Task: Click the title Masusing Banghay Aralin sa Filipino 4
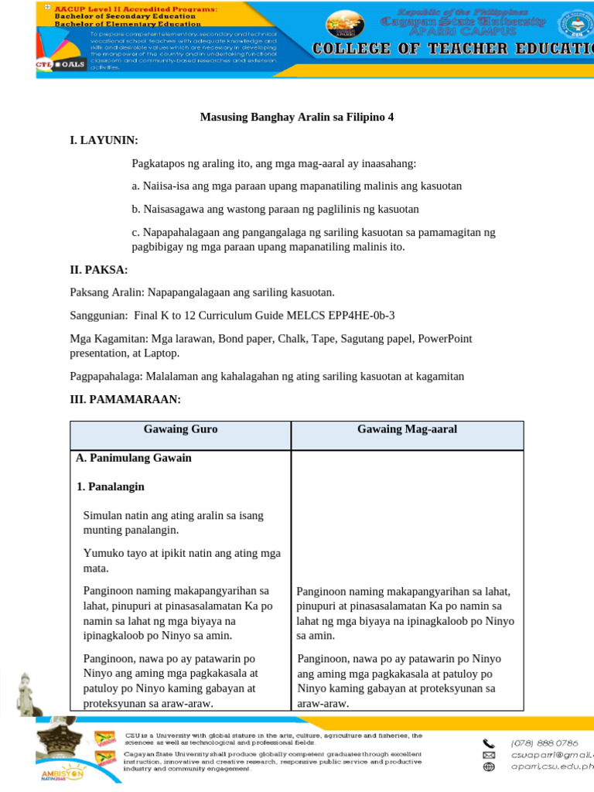pyautogui.click(x=297, y=118)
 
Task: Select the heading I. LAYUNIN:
pyautogui.click(x=104, y=140)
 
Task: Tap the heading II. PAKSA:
pyautogui.click(x=99, y=270)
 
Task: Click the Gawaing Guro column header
pyautogui.click(x=180, y=429)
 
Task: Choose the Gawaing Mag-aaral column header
pyautogui.click(x=407, y=429)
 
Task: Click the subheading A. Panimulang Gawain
pyautogui.click(x=134, y=458)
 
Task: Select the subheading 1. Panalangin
pyautogui.click(x=111, y=487)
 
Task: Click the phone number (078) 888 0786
pyautogui.click(x=544, y=743)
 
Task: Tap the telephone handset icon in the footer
pyautogui.click(x=488, y=743)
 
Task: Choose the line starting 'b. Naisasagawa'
pyautogui.click(x=275, y=210)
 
